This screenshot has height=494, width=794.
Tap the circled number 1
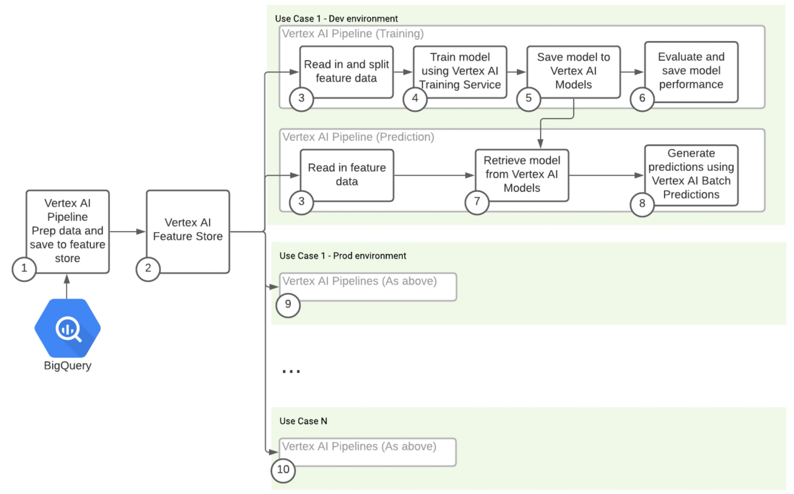point(24,268)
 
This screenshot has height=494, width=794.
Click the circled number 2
point(148,268)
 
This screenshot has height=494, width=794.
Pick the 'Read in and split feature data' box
point(346,72)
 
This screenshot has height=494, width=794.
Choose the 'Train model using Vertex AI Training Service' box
point(460,71)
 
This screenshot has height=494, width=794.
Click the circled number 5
point(529,98)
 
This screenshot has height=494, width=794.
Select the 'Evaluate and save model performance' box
point(691,71)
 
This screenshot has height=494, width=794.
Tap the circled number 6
point(642,98)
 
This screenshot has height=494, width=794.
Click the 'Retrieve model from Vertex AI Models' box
point(522,174)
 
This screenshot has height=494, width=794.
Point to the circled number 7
point(477,202)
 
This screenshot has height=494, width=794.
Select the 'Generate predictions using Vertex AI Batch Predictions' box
point(691,174)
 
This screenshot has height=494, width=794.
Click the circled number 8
point(642,203)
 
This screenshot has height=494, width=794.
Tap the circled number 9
point(288,305)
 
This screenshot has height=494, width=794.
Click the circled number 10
point(283,470)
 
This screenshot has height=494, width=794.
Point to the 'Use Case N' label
point(303,421)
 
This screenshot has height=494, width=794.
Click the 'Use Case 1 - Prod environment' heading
point(342,256)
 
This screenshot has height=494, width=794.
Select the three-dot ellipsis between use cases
point(291,371)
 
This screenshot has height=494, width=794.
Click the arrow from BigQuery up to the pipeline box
point(67,286)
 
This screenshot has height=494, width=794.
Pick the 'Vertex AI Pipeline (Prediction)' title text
point(358,137)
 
